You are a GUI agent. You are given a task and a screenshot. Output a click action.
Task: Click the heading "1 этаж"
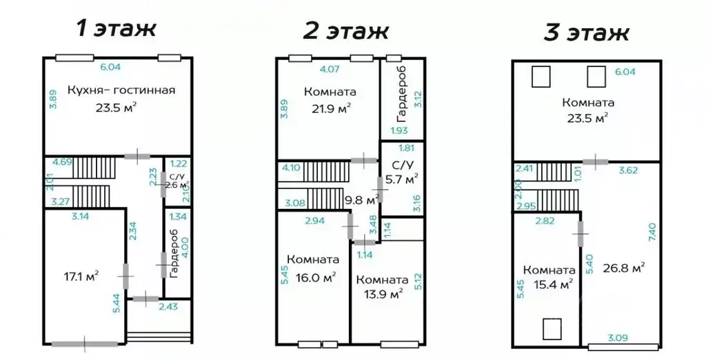pos(117,28)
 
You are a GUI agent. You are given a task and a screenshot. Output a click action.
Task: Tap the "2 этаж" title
pos(346,30)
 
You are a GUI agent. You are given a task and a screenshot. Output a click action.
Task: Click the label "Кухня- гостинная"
pos(121,90)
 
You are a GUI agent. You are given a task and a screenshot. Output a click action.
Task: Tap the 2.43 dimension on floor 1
pos(168,307)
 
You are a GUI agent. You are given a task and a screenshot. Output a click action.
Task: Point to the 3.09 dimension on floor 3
pos(618,337)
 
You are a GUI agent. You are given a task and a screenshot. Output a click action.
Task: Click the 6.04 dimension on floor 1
pos(110,67)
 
